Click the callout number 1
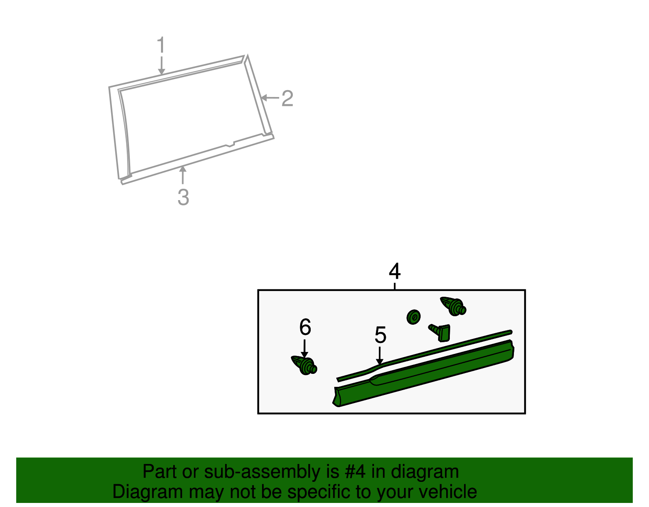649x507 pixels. pos(161,45)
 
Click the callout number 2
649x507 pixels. pos(287,99)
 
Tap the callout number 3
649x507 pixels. pos(183,197)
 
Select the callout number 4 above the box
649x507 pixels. pos(394,272)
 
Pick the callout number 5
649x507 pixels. pos(380,335)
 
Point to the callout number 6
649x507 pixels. pos(305,327)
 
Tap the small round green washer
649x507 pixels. pos(413,317)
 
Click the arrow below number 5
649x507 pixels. pos(380,356)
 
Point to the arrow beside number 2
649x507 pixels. pos(269,98)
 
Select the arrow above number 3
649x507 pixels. pos(183,175)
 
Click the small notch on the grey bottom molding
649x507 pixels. pos(230,144)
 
